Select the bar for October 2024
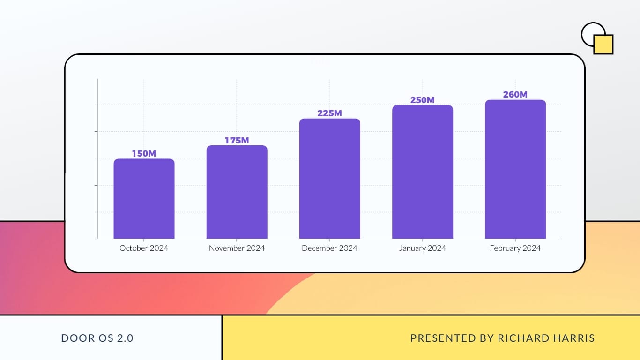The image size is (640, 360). pos(144,199)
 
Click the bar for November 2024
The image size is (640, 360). pos(237,192)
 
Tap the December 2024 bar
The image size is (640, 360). pos(329,179)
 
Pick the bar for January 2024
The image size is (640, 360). pos(422,172)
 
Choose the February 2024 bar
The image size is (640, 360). pos(515,169)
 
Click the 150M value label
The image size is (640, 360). pos(144,154)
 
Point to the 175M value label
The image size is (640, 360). pos(237,140)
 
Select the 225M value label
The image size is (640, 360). pos(329,113)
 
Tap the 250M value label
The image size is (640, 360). pos(422,100)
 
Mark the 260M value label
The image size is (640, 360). pos(515,95)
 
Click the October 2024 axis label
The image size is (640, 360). pos(144,248)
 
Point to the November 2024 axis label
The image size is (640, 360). pos(237,248)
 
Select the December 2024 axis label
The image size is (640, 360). pos(329,248)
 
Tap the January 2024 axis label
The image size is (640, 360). pos(422,248)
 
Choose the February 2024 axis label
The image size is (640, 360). pos(515,248)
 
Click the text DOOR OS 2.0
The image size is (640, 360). pos(97,338)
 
